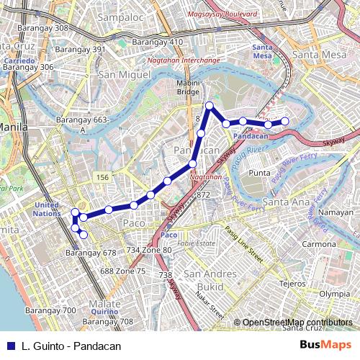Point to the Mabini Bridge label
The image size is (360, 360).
(188, 87)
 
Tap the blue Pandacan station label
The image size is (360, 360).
(251, 135)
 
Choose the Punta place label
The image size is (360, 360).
(258, 173)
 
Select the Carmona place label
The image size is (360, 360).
(320, 244)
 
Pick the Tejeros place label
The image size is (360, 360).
(292, 282)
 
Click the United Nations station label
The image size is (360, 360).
(47, 209)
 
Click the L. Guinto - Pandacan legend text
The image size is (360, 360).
(71, 346)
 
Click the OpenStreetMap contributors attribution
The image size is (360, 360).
(297, 323)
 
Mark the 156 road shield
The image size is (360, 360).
(102, 177)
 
